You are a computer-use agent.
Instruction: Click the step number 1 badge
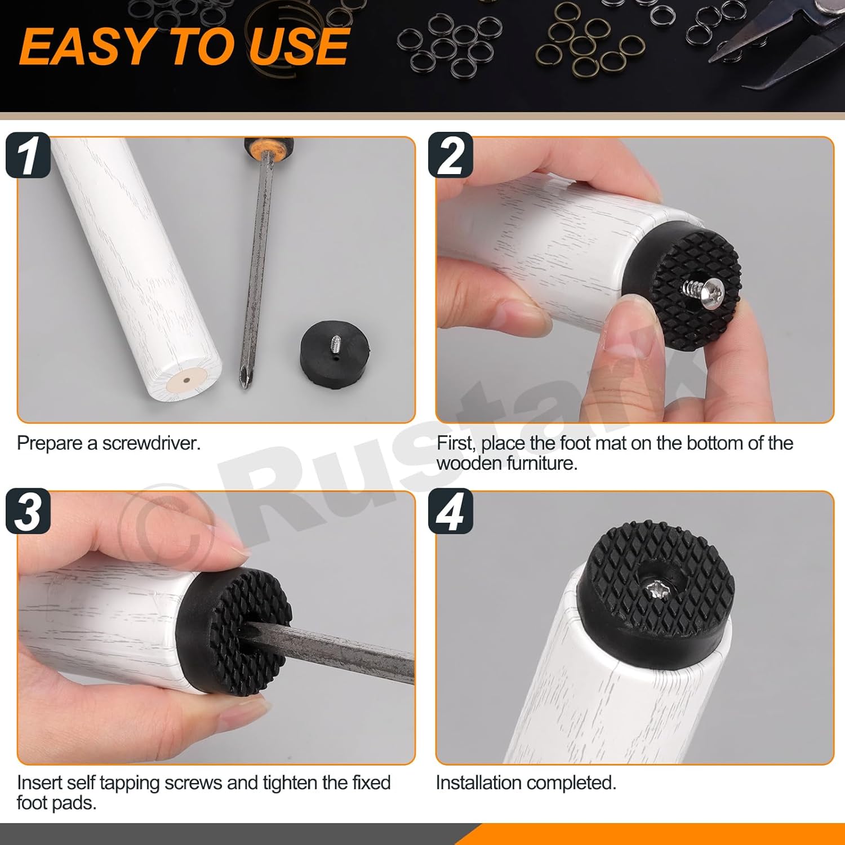pos(28,155)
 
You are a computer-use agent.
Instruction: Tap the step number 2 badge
pos(450,155)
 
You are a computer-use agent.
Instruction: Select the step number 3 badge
pos(28,512)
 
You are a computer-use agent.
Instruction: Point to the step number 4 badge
pos(450,512)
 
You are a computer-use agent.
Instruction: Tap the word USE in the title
pos(299,47)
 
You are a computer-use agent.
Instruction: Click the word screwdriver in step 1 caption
pos(151,443)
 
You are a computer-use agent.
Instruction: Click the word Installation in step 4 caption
pos(478,783)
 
